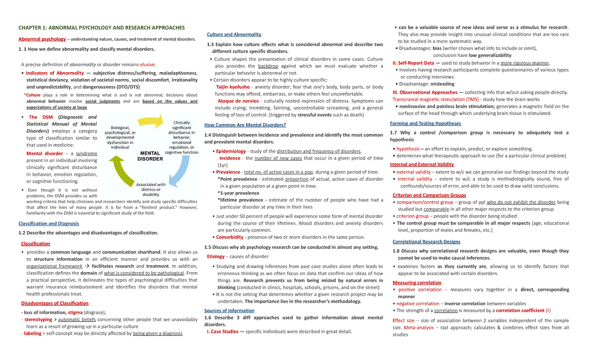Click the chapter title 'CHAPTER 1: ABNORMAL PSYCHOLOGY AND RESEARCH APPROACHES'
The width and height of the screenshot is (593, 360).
(x=101, y=28)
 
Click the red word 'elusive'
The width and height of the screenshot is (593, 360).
(x=148, y=64)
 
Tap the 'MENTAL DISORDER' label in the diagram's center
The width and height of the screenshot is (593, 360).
(x=150, y=156)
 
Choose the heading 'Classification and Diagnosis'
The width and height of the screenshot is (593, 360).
(x=48, y=224)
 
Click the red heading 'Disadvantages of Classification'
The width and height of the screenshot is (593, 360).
(x=54, y=303)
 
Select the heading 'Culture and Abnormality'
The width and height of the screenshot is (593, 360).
(x=234, y=34)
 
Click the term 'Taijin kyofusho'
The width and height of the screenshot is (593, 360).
(x=233, y=87)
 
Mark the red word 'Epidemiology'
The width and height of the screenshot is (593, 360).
(x=231, y=151)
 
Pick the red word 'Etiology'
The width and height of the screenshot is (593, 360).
(x=216, y=256)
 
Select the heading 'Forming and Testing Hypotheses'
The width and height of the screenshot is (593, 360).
(x=425, y=123)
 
